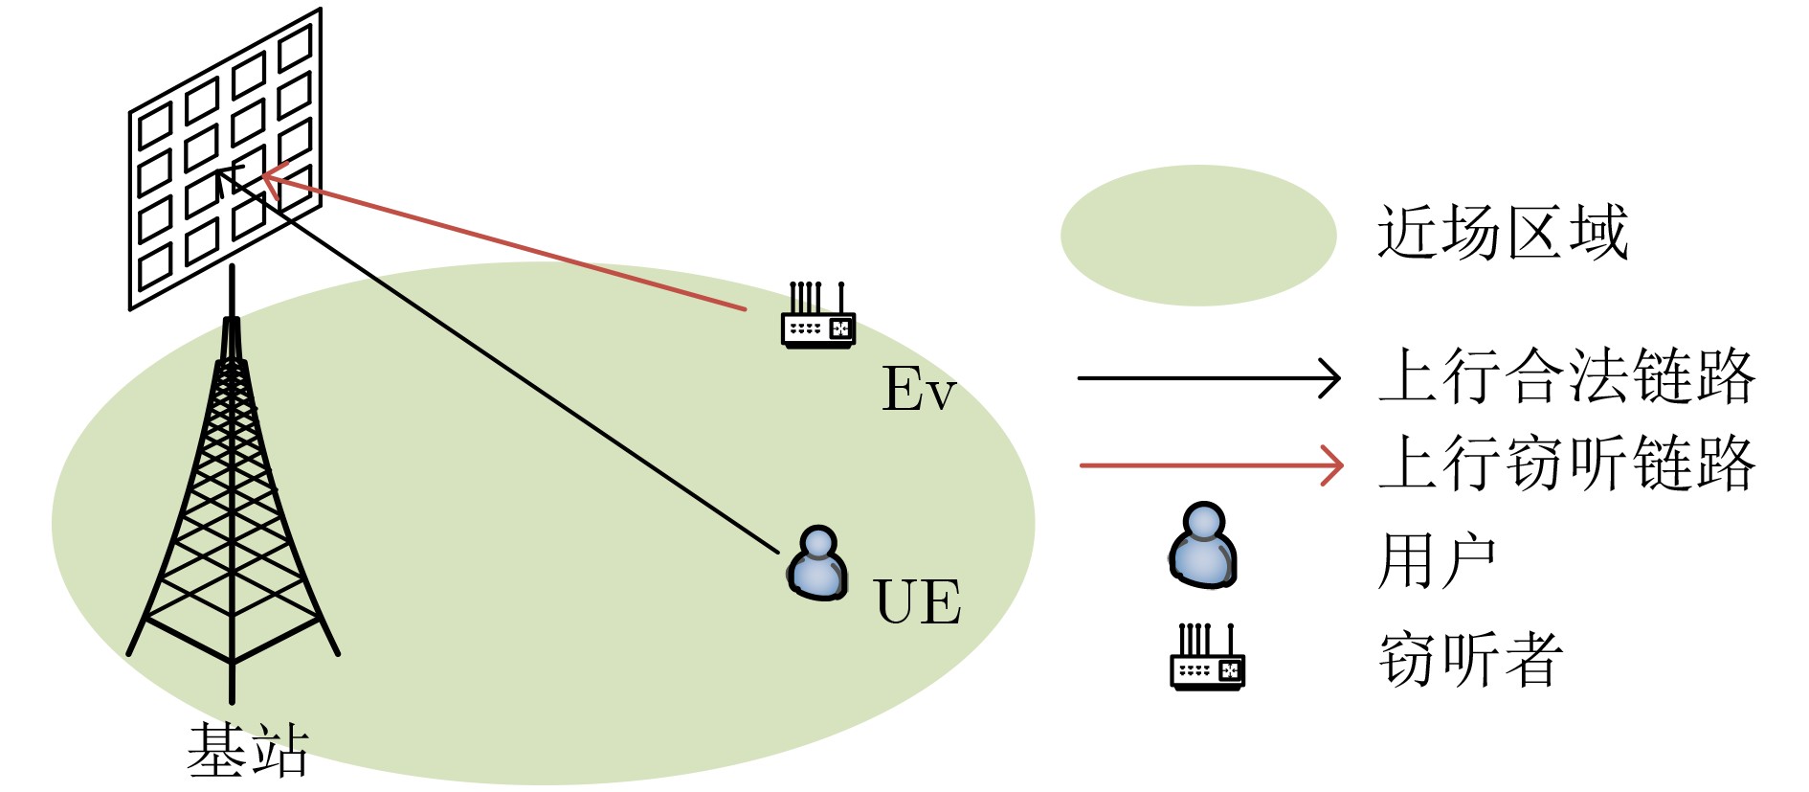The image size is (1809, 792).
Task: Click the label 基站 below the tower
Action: pyautogui.click(x=248, y=750)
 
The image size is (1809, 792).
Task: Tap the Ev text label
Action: pyautogui.click(x=918, y=389)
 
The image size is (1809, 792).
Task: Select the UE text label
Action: pyautogui.click(x=917, y=601)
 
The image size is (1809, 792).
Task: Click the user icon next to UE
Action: pyautogui.click(x=818, y=564)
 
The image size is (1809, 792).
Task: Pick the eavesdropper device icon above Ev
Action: pyautogui.click(x=817, y=317)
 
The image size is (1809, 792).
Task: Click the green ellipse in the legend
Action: pyautogui.click(x=1197, y=236)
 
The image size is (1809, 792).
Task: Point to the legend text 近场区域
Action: pyautogui.click(x=1502, y=233)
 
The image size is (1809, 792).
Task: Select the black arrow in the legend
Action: pyautogui.click(x=1208, y=378)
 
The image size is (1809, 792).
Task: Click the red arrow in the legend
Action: pyautogui.click(x=1210, y=465)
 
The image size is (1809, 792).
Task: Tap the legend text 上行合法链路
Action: pyautogui.click(x=1567, y=376)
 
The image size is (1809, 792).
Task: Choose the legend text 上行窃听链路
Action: pyautogui.click(x=1567, y=464)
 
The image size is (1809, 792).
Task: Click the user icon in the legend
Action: pyautogui.click(x=1203, y=546)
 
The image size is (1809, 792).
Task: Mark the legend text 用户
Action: pyautogui.click(x=1436, y=561)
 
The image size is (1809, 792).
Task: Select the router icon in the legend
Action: pyautogui.click(x=1207, y=658)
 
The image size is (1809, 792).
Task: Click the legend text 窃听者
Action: pyautogui.click(x=1471, y=660)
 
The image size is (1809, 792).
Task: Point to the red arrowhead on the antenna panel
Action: pyautogui.click(x=271, y=178)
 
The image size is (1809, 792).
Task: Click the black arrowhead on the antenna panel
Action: pyautogui.click(x=226, y=176)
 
